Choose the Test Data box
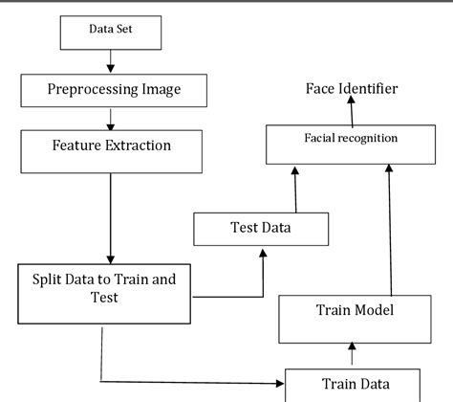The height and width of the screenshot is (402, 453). [x=261, y=228]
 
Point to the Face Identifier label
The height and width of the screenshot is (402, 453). [x=352, y=89]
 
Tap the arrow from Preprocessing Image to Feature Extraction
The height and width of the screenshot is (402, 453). [x=112, y=119]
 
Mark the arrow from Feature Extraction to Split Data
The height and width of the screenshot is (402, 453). [x=112, y=215]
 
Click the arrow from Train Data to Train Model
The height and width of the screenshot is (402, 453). [x=352, y=355]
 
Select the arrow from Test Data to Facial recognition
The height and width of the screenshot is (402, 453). [x=295, y=187]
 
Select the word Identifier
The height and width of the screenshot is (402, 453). [x=372, y=89]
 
